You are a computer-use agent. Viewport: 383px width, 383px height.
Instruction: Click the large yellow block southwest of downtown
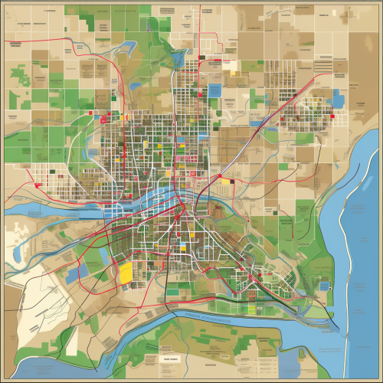(124, 273)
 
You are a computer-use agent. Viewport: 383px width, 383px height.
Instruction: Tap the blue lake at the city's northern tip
(181, 58)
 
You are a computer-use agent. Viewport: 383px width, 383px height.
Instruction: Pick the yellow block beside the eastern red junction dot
(230, 182)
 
